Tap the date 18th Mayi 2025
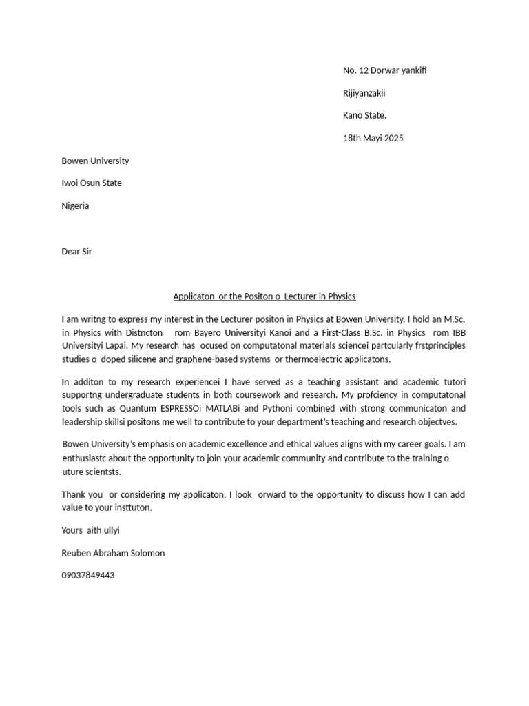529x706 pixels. click(x=373, y=138)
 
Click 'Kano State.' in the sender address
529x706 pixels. click(x=364, y=115)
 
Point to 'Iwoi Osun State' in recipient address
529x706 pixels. click(x=92, y=183)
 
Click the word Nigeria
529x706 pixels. click(x=75, y=205)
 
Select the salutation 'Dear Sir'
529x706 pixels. click(x=76, y=251)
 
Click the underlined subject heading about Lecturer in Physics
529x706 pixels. click(x=264, y=296)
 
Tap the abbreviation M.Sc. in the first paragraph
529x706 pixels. click(x=453, y=319)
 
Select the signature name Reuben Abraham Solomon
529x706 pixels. click(x=113, y=553)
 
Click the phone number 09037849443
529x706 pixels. click(x=88, y=575)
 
